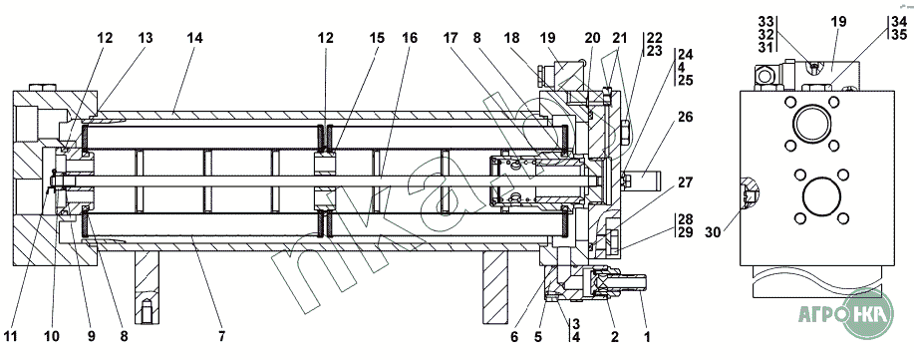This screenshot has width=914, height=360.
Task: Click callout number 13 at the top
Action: point(146,39)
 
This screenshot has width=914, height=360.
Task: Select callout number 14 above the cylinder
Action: point(194,39)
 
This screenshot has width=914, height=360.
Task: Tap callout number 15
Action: point(377,39)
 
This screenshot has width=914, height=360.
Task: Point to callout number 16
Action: point(410,39)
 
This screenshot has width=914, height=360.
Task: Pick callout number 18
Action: point(512,39)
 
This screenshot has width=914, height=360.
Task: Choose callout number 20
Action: point(592,39)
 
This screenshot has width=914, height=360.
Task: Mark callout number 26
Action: point(686,118)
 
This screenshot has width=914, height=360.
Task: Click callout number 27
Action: point(686,183)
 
